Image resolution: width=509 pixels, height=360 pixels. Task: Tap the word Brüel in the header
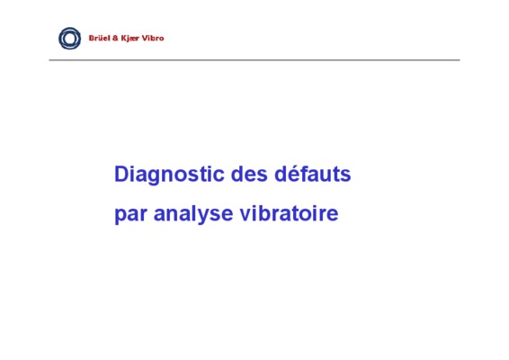[99, 38]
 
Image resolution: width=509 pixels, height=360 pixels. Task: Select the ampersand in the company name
[115, 39]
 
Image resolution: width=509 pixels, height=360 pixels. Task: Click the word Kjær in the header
[130, 39]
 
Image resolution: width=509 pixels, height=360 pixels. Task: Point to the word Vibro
[153, 38]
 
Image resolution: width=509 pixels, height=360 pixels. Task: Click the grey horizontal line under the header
[254, 60]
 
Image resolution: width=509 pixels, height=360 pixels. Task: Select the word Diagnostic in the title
[169, 175]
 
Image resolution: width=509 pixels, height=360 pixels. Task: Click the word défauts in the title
[313, 174]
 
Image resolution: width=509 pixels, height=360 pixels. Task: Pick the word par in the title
[130, 215]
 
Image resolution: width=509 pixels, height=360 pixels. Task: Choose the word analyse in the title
[193, 214]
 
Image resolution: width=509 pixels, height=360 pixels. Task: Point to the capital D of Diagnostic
[121, 174]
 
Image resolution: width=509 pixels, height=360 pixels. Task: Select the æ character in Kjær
[132, 39]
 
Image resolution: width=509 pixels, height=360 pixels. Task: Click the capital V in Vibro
[145, 38]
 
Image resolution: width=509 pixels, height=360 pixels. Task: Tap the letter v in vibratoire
[246, 214]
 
